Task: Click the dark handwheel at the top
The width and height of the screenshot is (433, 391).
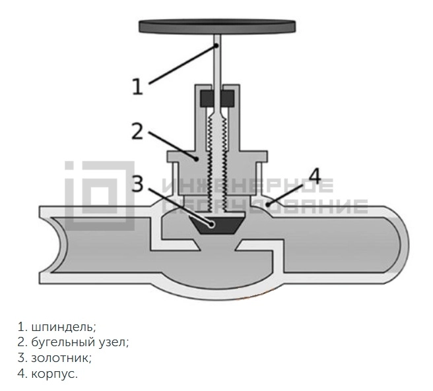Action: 217,26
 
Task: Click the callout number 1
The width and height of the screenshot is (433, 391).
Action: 137,86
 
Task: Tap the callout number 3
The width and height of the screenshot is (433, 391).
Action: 137,183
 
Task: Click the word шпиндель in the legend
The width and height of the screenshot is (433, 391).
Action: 63,327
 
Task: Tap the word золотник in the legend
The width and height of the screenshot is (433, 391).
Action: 61,359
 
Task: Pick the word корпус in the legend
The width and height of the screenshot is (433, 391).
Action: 54,375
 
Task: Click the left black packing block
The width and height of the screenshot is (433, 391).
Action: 207,99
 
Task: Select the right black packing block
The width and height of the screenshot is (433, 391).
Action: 228,99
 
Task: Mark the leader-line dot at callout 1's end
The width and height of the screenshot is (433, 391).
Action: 217,45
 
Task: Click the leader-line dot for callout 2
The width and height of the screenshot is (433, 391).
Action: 196,159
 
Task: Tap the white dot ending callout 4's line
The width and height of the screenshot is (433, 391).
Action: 267,204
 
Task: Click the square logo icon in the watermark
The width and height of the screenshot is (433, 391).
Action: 100,196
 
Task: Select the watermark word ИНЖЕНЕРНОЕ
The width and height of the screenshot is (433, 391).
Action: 248,185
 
